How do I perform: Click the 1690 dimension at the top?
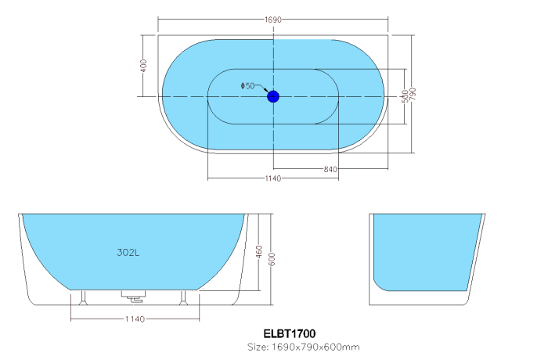272,20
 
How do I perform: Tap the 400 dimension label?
143,66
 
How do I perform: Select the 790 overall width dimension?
413,94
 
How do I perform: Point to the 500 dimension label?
405,96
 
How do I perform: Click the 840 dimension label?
330,170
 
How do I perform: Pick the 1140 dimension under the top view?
272,178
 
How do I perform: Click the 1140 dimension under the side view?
135,319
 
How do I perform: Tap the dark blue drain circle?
273,96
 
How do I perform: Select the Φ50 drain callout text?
247,86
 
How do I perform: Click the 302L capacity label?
128,252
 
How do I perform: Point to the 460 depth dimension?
259,252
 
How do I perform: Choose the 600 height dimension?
272,259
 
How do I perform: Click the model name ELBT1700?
290,334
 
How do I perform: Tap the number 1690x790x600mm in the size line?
315,347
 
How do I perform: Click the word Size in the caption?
258,347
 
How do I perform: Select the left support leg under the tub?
83,298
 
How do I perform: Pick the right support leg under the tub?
184,298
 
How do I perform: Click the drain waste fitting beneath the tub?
134,296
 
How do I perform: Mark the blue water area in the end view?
426,252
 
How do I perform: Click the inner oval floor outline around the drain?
273,69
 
